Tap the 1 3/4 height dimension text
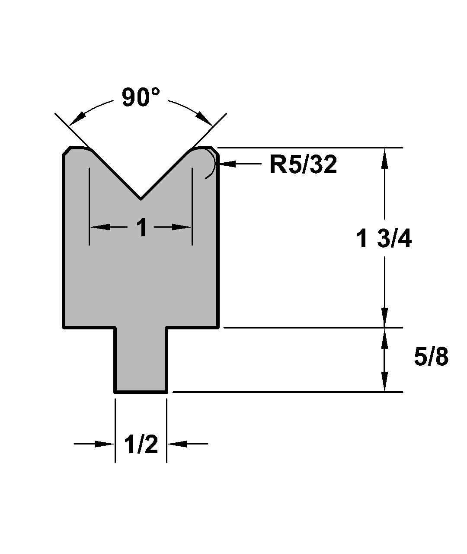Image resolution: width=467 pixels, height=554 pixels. tap(384, 239)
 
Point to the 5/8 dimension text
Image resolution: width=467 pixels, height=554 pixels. tap(431, 357)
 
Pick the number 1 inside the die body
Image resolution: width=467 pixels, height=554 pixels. tap(142, 227)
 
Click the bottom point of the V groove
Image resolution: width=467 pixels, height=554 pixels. tap(141, 199)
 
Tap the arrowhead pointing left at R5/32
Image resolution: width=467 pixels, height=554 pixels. tap(227, 164)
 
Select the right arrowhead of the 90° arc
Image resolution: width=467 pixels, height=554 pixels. tap(205, 119)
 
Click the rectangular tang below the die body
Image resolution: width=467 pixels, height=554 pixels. tap(141, 360)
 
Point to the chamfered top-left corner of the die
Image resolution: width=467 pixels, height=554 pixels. tap(66, 151)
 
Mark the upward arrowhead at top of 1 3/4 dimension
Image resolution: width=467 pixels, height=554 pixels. tap(384, 158)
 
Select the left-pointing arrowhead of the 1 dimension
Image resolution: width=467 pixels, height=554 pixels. tap(100, 227)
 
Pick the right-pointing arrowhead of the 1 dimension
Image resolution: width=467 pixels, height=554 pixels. tap(182, 227)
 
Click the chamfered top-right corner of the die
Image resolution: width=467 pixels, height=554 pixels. tap(215, 151)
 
